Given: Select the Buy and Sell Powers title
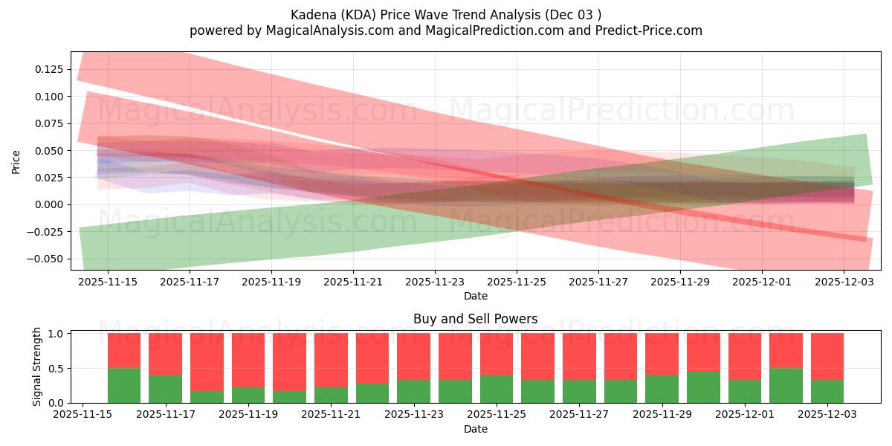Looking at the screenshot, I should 476,319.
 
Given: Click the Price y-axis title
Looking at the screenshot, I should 16,161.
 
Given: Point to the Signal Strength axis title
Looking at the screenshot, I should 37,367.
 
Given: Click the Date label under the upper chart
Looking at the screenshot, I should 476,296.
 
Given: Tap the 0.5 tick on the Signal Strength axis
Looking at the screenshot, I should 56,368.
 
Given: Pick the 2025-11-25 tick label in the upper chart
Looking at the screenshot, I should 517,282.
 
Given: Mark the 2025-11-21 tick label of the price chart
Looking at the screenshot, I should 353,282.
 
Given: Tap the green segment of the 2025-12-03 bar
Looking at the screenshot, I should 827,391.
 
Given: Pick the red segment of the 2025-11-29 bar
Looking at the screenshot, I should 662,354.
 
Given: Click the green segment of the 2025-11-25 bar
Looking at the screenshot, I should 497,389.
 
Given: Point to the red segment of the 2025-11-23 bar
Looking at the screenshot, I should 413,356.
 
